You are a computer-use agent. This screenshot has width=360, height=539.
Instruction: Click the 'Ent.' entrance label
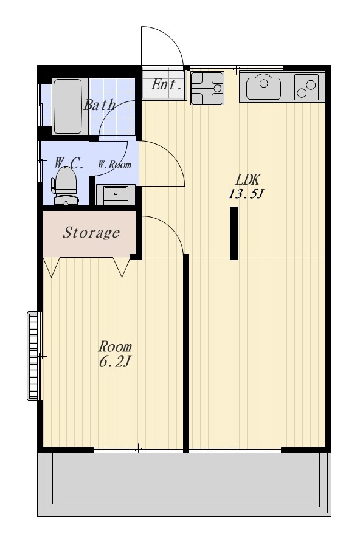(x=166, y=84)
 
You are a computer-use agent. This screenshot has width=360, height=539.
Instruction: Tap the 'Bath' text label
(x=99, y=105)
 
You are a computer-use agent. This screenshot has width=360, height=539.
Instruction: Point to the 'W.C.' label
(x=69, y=163)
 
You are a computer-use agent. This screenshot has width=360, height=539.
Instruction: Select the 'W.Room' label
(x=114, y=164)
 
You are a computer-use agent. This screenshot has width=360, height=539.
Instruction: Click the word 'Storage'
(x=91, y=233)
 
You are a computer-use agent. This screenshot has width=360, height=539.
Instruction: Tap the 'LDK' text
(x=247, y=179)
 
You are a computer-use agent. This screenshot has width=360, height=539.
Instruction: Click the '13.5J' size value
(x=246, y=194)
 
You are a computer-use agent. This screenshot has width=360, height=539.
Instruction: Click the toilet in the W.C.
(x=64, y=185)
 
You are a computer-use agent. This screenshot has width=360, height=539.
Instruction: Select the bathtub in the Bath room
(x=67, y=106)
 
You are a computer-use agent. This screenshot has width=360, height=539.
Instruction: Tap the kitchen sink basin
(x=263, y=86)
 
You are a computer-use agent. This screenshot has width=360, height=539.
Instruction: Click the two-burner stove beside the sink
(x=306, y=88)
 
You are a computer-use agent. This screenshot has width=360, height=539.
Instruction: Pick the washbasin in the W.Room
(x=116, y=195)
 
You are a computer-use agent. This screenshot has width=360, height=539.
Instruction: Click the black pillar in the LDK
(x=234, y=233)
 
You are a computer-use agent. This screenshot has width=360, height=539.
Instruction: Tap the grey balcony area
(x=184, y=484)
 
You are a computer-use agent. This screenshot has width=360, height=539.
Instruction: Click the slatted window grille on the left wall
(x=33, y=355)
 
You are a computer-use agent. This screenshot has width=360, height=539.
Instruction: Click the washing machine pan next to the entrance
(x=207, y=88)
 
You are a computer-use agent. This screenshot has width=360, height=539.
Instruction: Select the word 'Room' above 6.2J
(x=115, y=346)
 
